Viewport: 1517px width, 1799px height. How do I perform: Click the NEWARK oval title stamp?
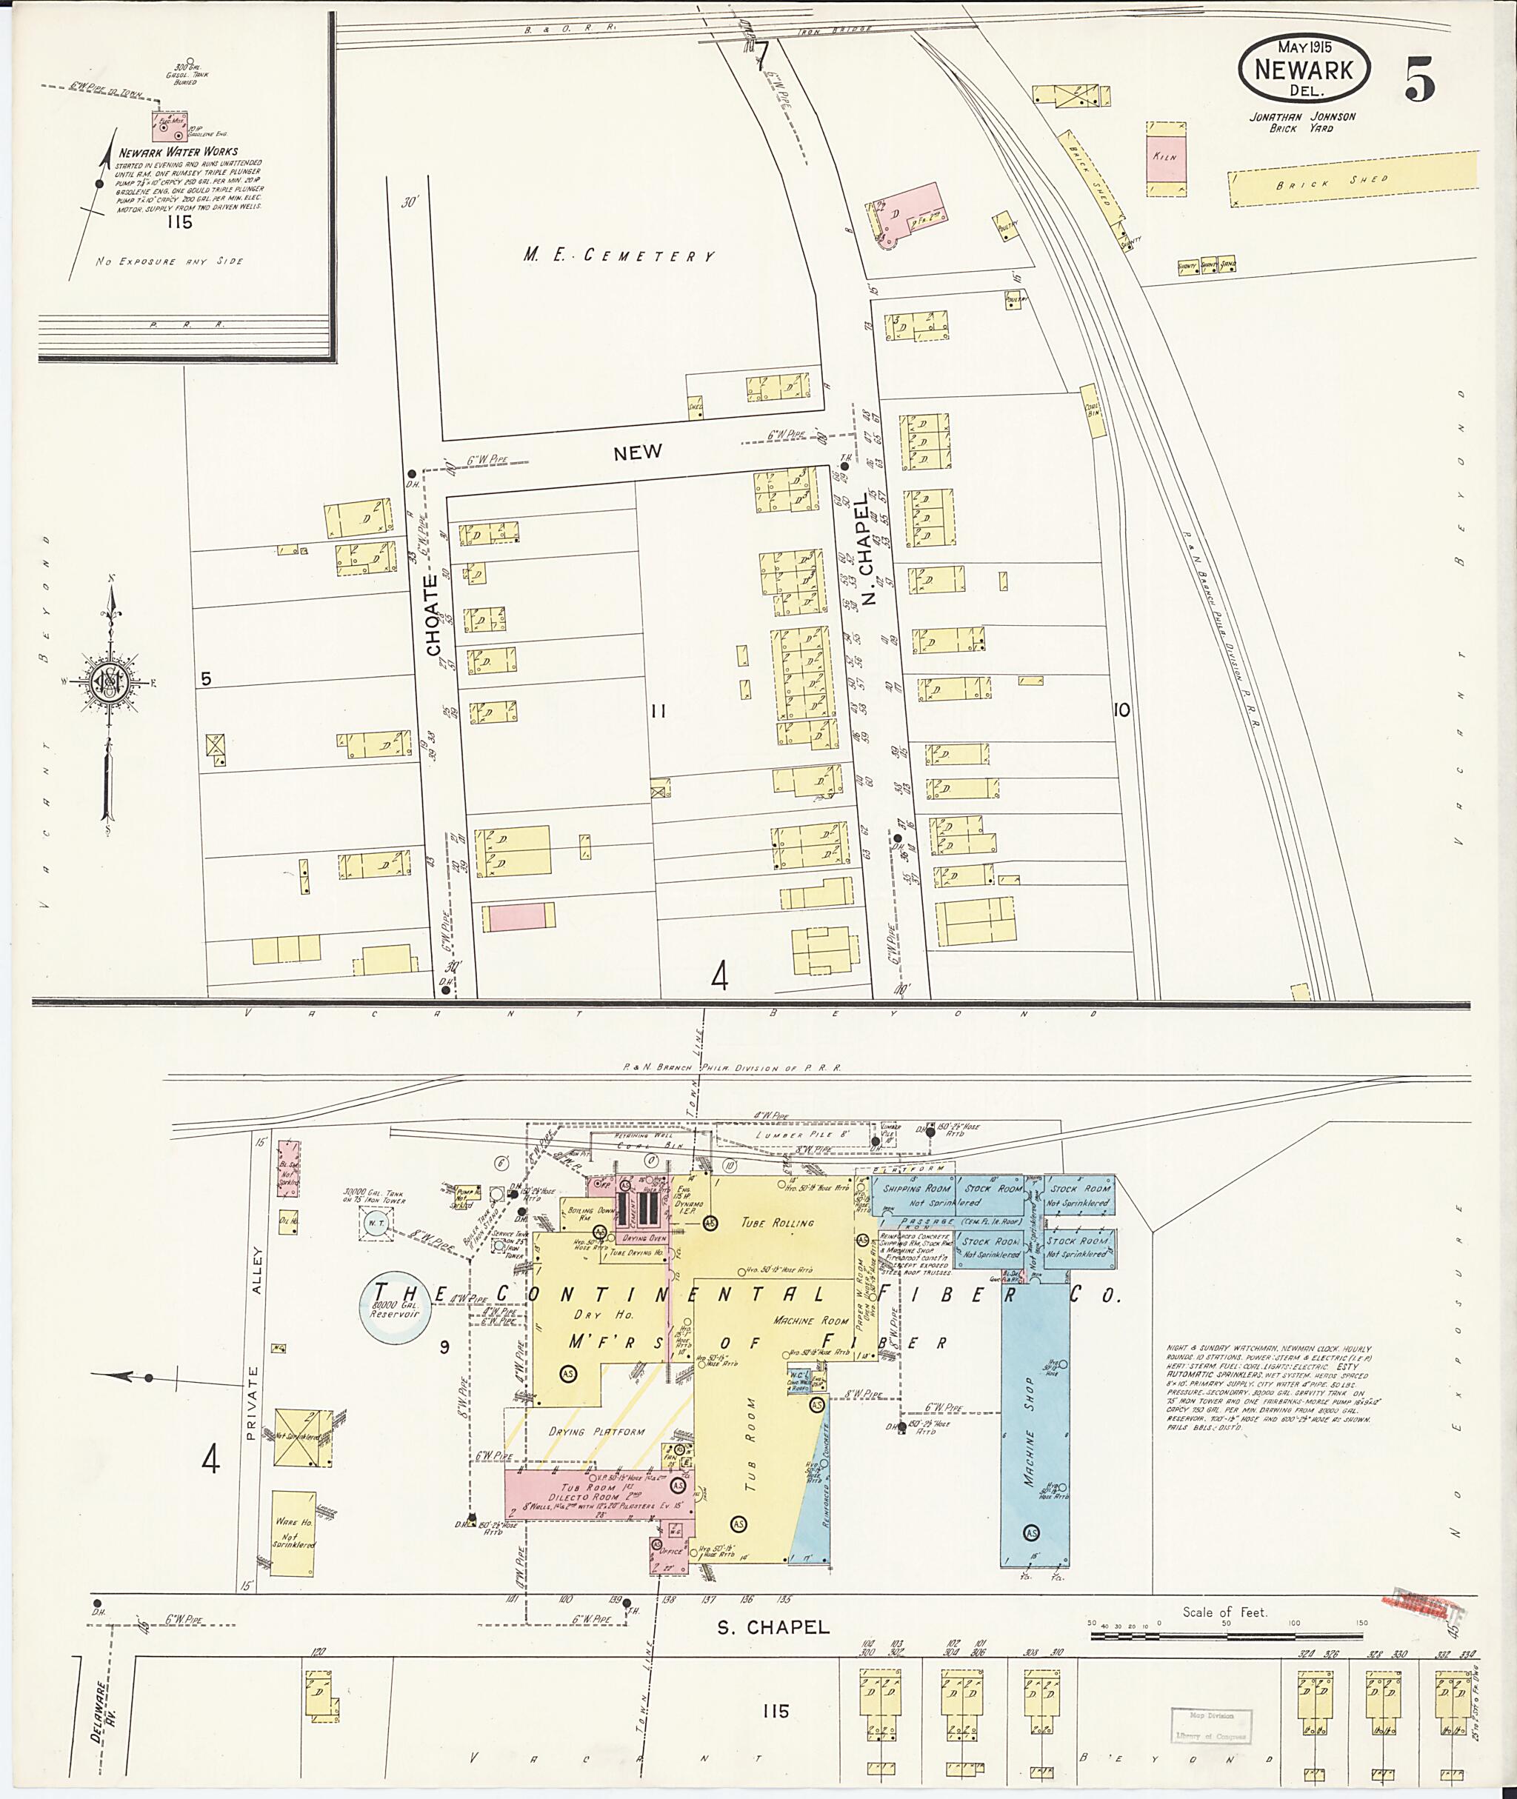(x=1303, y=70)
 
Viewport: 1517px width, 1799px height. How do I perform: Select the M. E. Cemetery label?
(x=619, y=256)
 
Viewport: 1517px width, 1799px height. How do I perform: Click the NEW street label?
(x=637, y=453)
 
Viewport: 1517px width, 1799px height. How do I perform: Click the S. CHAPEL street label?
(x=773, y=1628)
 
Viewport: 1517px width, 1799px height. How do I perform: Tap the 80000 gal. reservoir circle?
(x=393, y=1308)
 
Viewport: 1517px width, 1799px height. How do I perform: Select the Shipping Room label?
(x=917, y=1189)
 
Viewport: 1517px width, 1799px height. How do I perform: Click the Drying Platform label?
(x=596, y=1432)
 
